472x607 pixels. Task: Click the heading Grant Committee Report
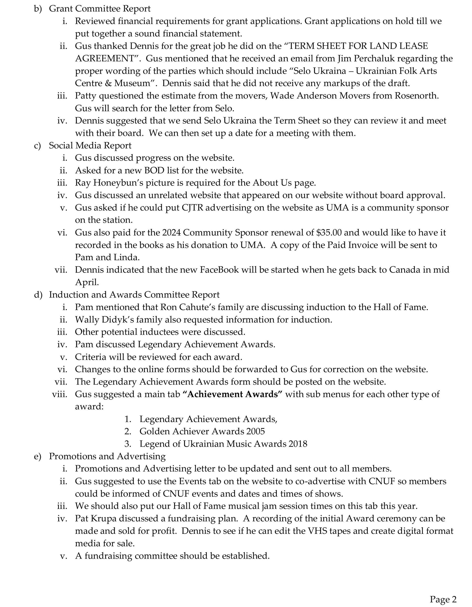point(100,9)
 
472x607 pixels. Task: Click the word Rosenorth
point(417,96)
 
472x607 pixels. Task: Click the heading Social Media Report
point(90,145)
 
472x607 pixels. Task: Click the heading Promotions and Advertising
point(107,456)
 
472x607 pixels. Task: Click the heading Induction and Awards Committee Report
point(134,295)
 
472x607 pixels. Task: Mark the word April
point(87,282)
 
